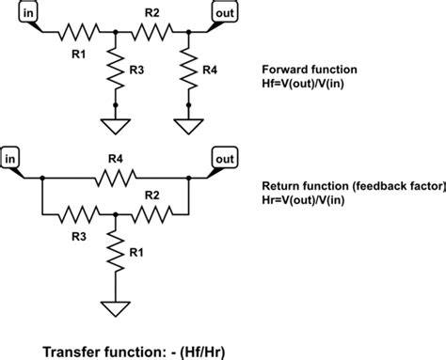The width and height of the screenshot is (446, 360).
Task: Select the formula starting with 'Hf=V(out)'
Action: pyautogui.click(x=315, y=84)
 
